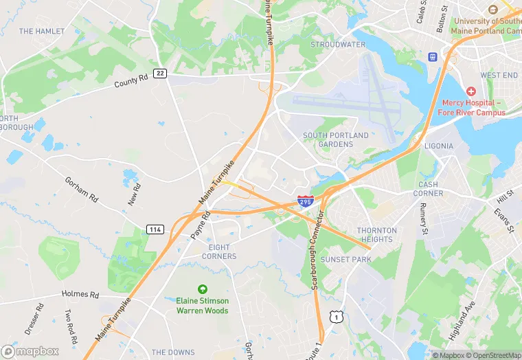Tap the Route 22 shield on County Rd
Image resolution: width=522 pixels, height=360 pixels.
(x=159, y=74)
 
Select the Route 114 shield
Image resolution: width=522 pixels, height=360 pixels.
(x=155, y=229)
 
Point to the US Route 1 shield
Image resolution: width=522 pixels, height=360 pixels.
(x=335, y=315)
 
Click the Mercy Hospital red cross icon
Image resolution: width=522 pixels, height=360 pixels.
(x=470, y=91)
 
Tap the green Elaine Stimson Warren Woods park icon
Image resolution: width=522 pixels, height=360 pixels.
(x=202, y=289)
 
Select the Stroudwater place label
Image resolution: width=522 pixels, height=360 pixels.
(x=338, y=45)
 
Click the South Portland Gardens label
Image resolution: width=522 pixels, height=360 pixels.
(x=336, y=140)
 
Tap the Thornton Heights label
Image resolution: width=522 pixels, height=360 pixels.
(x=376, y=235)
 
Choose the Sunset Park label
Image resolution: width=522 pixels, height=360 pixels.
(x=345, y=260)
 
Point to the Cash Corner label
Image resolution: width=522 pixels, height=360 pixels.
(x=428, y=189)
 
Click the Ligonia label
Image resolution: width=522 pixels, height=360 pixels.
(x=439, y=146)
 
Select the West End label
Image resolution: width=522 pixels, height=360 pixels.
(x=499, y=75)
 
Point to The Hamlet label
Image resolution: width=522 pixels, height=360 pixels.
(x=42, y=32)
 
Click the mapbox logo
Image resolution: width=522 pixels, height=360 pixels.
(x=30, y=351)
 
